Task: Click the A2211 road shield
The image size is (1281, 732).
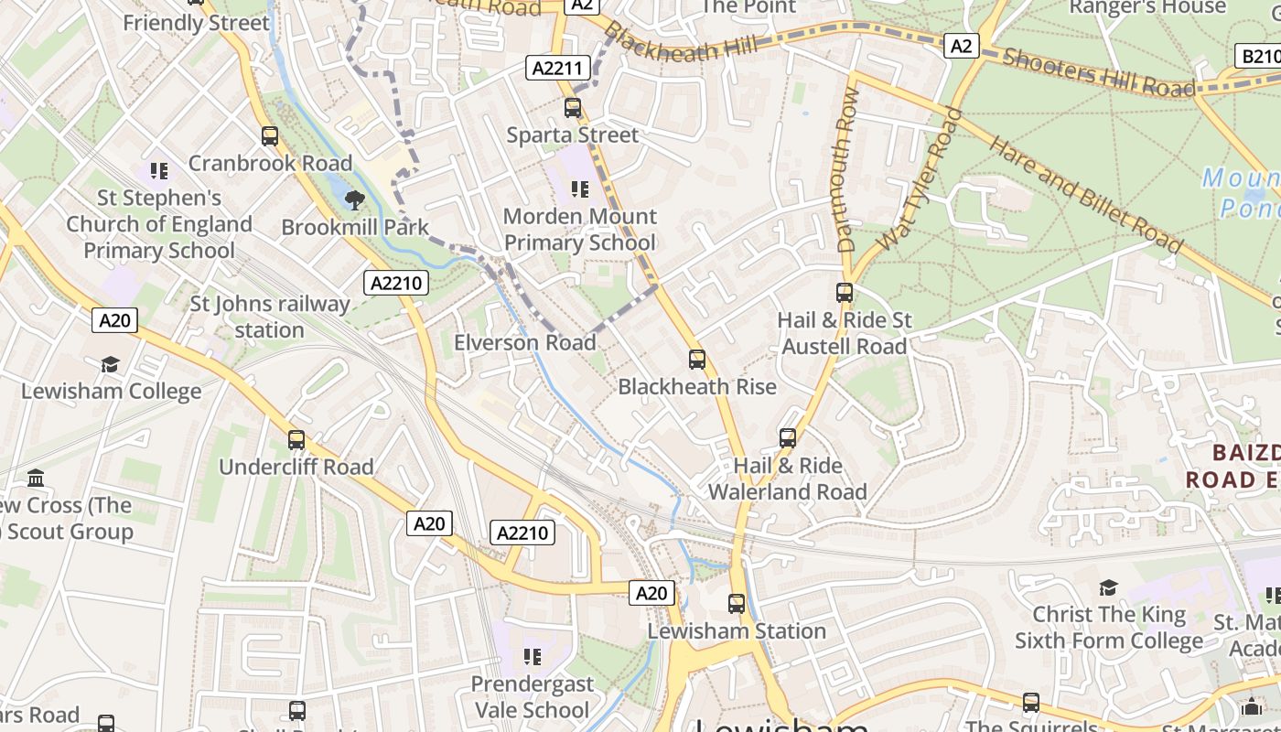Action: pos(556,68)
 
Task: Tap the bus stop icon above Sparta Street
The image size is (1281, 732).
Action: pos(573,108)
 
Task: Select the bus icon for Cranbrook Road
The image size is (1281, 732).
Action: pos(270,136)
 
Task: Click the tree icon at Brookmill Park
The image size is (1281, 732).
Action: pos(354,199)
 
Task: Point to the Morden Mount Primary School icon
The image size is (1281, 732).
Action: pos(580,189)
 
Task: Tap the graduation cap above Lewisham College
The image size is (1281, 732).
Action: pos(111,364)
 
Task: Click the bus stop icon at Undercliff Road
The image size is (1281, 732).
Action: pos(296,440)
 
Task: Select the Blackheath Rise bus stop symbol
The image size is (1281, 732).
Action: pos(697,360)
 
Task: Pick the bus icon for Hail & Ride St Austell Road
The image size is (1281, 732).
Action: pos(845,294)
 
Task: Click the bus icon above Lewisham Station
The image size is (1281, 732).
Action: pos(737,604)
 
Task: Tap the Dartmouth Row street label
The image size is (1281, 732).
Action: pos(847,170)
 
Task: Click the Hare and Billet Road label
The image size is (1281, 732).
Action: pos(1085,195)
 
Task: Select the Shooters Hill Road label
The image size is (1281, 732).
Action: pos(1099,72)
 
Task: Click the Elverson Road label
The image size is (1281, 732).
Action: pos(525,343)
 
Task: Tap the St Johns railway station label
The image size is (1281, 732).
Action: pos(270,317)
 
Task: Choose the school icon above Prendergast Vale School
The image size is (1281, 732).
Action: pos(533,657)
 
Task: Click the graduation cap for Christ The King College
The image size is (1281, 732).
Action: pos(1108,587)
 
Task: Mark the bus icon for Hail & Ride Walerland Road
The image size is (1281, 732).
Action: pos(788,438)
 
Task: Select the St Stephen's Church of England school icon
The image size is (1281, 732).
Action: pos(159,171)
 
